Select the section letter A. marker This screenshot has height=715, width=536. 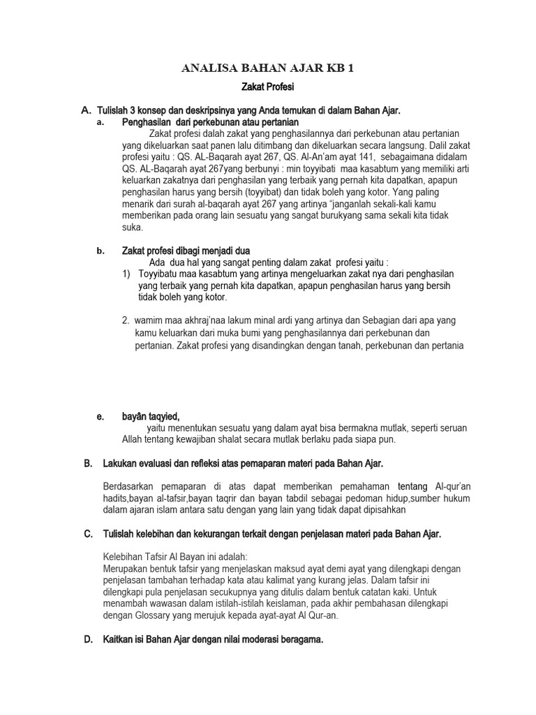click(x=87, y=110)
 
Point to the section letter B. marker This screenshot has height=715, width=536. click(x=88, y=463)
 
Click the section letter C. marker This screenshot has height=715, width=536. click(x=88, y=534)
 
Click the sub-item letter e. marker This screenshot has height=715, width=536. click(x=100, y=416)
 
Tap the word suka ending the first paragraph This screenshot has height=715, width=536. click(x=132, y=227)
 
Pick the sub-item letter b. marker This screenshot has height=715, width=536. click(x=100, y=251)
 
